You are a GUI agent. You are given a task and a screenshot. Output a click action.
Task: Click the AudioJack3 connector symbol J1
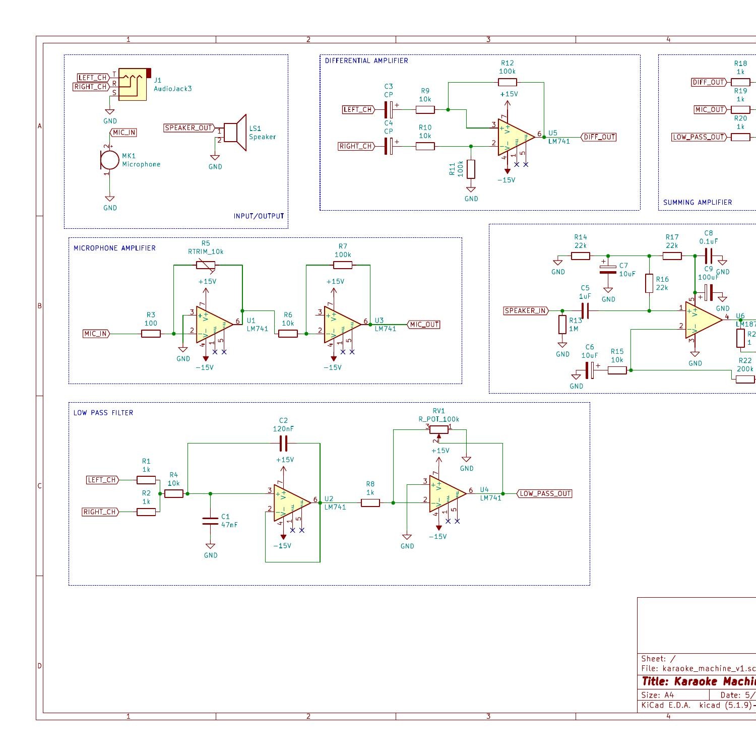(x=133, y=85)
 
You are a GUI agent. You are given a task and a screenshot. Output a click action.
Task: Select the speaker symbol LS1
(x=235, y=133)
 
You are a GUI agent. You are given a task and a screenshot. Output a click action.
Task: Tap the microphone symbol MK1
(x=109, y=160)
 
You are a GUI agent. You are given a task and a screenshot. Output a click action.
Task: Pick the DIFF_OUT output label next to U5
(x=599, y=137)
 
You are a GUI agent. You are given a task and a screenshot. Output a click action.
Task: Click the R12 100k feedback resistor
(x=507, y=82)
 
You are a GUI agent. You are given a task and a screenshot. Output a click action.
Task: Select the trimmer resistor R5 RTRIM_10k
(x=205, y=265)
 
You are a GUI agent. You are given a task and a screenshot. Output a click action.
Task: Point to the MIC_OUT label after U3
(x=423, y=325)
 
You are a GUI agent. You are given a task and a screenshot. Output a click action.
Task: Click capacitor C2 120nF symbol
(x=283, y=444)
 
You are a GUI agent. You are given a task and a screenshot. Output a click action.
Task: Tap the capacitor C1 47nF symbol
(x=210, y=521)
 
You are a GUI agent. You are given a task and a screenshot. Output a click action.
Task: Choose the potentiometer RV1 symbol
(x=439, y=429)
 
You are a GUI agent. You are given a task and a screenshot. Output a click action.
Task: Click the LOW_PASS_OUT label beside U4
(x=545, y=493)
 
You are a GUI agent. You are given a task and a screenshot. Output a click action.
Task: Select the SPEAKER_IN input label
(x=526, y=310)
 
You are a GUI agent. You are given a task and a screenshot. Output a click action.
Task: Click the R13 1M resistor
(x=562, y=325)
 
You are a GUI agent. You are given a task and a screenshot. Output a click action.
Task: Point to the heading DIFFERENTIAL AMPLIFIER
(x=366, y=60)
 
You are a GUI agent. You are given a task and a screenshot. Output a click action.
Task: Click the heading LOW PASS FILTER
(x=103, y=413)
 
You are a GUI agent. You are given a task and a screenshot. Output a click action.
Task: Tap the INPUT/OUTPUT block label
(x=259, y=216)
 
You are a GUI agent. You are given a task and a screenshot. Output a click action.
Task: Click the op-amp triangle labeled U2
(x=291, y=502)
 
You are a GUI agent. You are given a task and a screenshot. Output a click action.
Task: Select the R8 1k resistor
(x=370, y=502)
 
